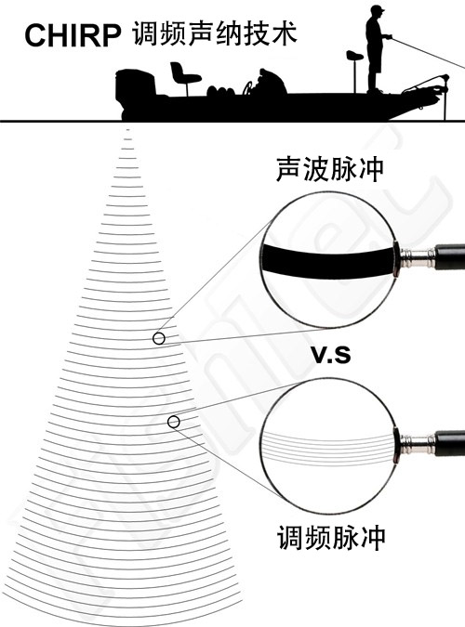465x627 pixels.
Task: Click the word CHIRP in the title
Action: tap(73, 35)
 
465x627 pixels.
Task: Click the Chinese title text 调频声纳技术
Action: tap(214, 33)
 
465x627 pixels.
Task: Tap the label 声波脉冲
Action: tap(329, 169)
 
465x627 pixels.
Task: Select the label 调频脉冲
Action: tap(331, 538)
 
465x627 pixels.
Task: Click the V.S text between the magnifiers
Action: tap(331, 355)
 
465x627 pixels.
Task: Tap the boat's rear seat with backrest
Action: tap(184, 75)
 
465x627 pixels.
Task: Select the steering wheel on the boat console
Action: tap(248, 88)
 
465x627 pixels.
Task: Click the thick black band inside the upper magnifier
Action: tap(326, 261)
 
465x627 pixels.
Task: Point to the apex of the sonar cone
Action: tap(127, 129)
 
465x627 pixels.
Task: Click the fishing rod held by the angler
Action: tap(427, 52)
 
